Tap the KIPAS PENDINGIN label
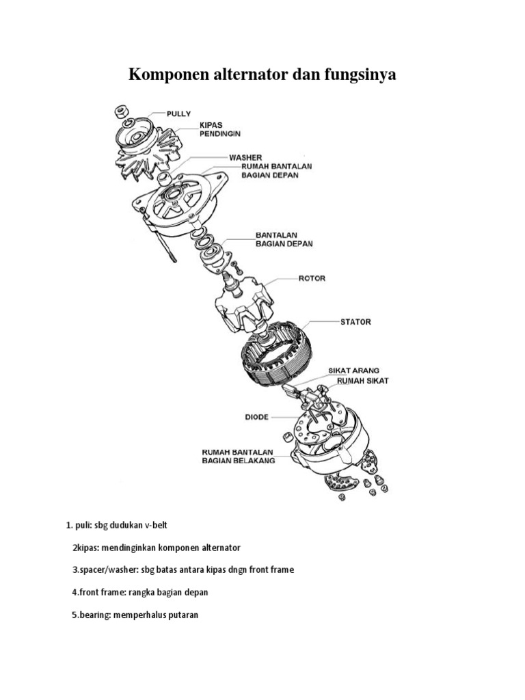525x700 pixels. pyautogui.click(x=220, y=130)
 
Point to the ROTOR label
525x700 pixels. pyautogui.click(x=311, y=278)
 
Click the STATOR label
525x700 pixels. pyautogui.click(x=355, y=321)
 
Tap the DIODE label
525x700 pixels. pyautogui.click(x=256, y=416)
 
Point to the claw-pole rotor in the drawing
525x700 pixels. pyautogui.click(x=243, y=305)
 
